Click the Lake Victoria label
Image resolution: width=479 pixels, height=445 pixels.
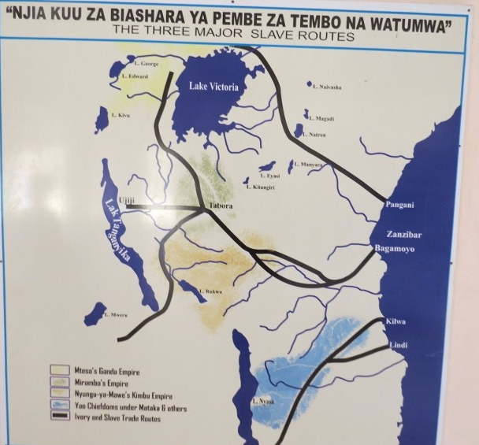[214, 86]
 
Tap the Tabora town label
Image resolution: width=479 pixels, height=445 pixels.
[221, 206]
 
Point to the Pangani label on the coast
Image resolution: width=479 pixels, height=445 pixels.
[399, 206]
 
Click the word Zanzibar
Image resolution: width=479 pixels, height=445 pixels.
[404, 235]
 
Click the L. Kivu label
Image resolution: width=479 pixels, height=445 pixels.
[121, 116]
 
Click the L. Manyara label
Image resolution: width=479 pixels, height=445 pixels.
[308, 164]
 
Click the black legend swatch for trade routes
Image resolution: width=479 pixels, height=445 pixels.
[61, 417]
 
